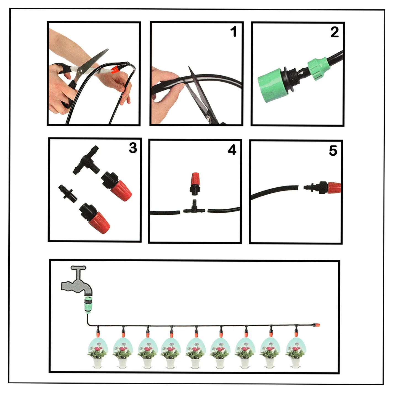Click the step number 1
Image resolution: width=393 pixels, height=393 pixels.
[x=234, y=31]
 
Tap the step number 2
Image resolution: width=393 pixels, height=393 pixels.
[x=334, y=32]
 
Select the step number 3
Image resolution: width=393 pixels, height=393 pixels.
[x=133, y=148]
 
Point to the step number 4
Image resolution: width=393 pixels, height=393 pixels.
[x=232, y=150]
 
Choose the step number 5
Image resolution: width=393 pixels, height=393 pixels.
[x=333, y=151]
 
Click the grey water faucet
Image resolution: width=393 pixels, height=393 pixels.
[x=77, y=282]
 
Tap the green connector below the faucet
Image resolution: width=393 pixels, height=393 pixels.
[x=88, y=305]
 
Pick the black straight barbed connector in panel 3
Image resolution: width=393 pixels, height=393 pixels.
[x=68, y=193]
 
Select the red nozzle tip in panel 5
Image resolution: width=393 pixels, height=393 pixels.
[x=334, y=188]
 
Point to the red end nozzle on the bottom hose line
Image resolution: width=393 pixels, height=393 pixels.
[x=316, y=325]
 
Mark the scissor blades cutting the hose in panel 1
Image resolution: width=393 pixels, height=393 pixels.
[x=197, y=91]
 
